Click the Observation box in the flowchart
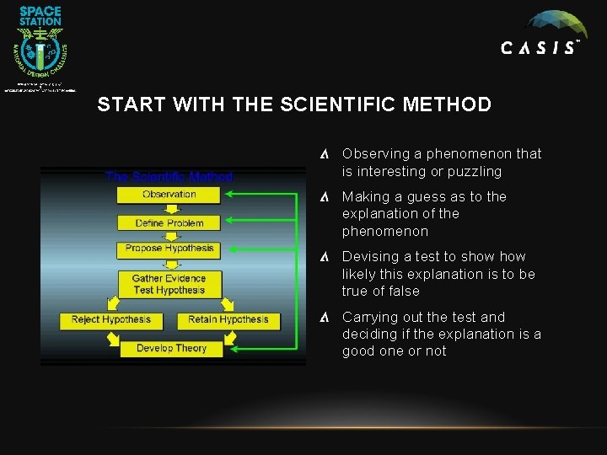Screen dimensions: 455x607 click(169, 195)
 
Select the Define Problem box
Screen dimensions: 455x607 click(169, 223)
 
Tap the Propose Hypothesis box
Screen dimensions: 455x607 click(169, 249)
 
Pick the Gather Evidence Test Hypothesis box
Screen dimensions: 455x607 click(169, 284)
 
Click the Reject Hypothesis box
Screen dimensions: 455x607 click(111, 320)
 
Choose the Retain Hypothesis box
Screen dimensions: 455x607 click(228, 320)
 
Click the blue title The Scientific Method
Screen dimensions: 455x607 click(169, 177)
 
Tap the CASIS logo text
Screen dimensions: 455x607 click(540, 49)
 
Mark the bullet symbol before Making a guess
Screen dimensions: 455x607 click(325, 197)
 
